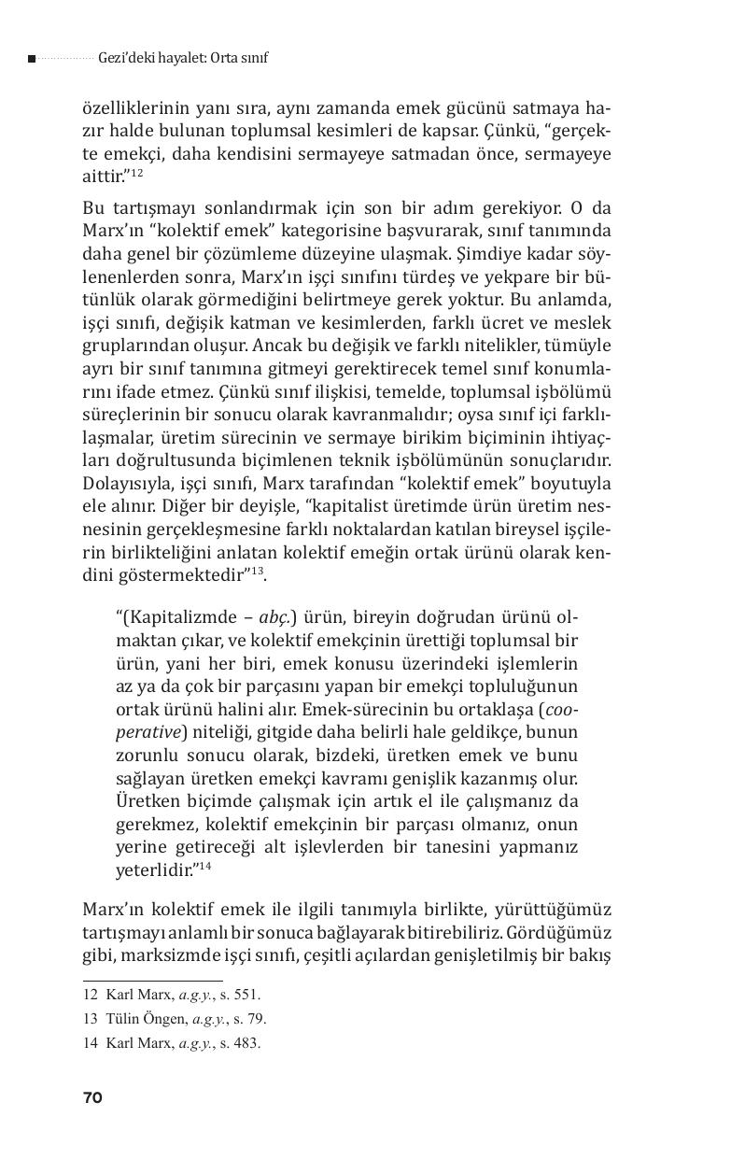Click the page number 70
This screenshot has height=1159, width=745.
pos(91,1098)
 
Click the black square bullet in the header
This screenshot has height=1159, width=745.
pos(32,59)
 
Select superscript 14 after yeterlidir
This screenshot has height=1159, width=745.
pos(202,866)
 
